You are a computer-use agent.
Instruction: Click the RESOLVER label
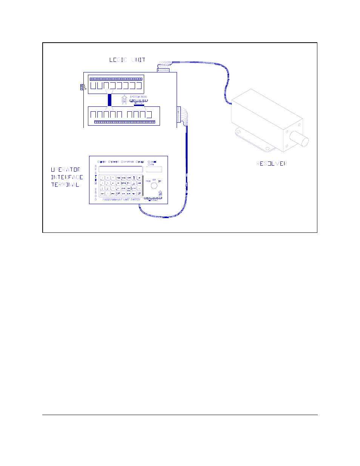pyautogui.click(x=272, y=163)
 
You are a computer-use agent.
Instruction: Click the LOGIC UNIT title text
pyautogui.click(x=127, y=60)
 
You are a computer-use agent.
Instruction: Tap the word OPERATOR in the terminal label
pyautogui.click(x=66, y=169)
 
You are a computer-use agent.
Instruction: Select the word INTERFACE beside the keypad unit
pyautogui.click(x=67, y=177)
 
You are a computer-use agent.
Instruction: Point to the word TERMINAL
pyautogui.click(x=65, y=185)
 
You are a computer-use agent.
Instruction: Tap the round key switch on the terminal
pyautogui.click(x=154, y=186)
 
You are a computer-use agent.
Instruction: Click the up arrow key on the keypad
pyautogui.click(x=134, y=178)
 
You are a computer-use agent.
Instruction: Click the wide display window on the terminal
pyautogui.click(x=121, y=169)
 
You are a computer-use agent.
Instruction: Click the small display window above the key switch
pyautogui.click(x=154, y=169)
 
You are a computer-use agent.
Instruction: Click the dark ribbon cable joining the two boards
pyautogui.click(x=110, y=100)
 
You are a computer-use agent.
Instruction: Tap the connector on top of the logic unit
pyautogui.click(x=163, y=70)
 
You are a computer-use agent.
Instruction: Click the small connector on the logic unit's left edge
pyautogui.click(x=82, y=87)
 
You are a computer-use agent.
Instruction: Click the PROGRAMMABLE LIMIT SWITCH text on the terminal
pyautogui.click(x=121, y=200)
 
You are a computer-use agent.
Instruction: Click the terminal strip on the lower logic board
pyautogui.click(x=125, y=122)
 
